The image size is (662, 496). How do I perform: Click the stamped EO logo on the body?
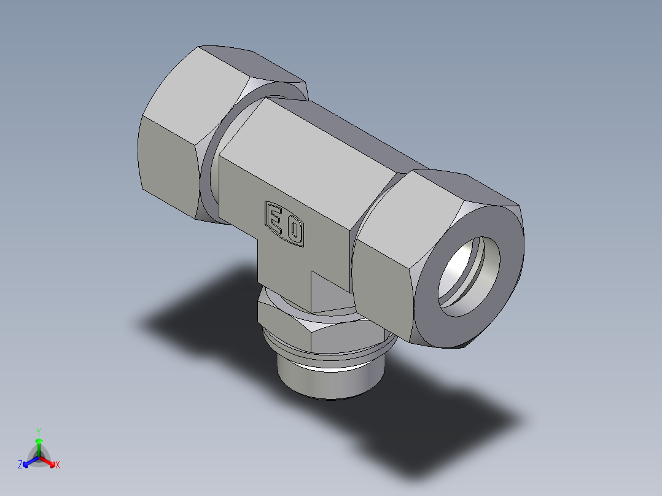tap(284, 224)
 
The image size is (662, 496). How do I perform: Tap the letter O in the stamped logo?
tap(295, 231)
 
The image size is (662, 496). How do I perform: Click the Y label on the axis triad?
tap(38, 431)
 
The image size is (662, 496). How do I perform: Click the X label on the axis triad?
tap(57, 465)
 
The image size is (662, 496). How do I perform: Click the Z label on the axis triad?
tap(20, 465)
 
